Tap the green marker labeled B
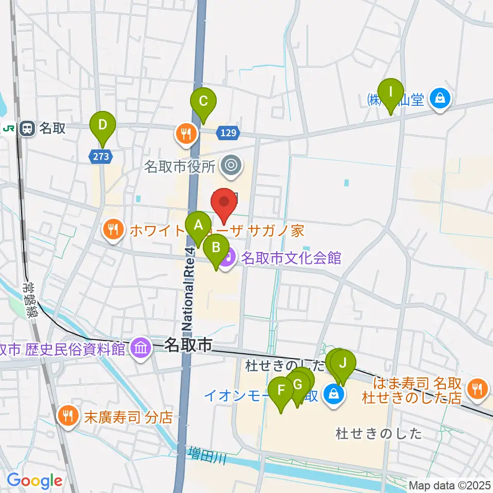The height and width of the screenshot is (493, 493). coord(216,250)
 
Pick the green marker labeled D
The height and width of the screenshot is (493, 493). coord(103,125)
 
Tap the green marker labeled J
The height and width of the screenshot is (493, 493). coord(343,365)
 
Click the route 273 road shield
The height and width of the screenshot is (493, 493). coord(101,157)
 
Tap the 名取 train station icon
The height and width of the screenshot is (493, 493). coord(27,128)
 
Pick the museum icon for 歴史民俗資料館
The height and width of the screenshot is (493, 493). coord(141,349)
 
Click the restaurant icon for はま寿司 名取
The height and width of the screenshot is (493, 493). coord(478,389)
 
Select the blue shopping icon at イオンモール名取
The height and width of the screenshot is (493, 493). coord(334,394)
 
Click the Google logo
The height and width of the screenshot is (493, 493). coord(34,481)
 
